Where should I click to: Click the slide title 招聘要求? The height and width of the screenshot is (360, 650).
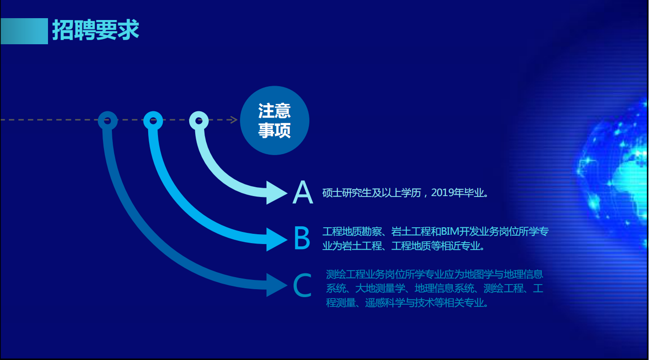[96, 30]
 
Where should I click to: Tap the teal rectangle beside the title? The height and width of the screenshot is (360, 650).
[24, 31]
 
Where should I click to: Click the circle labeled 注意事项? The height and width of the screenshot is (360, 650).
[274, 120]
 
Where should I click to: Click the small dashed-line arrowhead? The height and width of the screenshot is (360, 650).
[234, 120]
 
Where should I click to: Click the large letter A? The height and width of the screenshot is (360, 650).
[303, 192]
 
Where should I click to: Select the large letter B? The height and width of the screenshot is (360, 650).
[302, 238]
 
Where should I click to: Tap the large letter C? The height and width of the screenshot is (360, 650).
[302, 285]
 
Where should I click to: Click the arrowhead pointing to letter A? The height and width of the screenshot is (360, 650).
[277, 193]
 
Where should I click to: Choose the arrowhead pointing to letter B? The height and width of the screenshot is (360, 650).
[277, 239]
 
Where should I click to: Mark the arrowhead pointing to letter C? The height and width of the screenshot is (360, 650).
[277, 285]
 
